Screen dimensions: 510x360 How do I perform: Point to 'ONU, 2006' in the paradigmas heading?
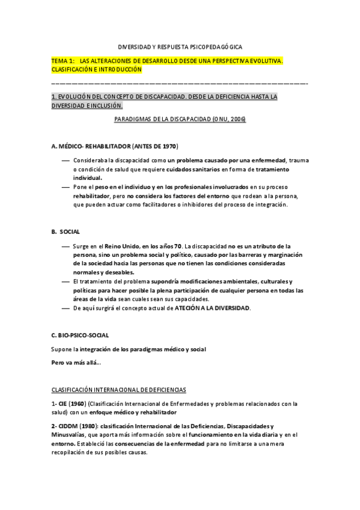[x=228, y=119]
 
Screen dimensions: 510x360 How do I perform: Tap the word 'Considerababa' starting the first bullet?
[x=94, y=161]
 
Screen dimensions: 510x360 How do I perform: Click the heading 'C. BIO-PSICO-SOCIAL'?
[x=80, y=334]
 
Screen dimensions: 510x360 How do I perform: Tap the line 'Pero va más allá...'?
[x=76, y=362]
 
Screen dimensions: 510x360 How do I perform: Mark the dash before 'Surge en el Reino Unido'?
[x=66, y=247]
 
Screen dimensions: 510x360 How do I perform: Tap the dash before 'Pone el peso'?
[x=66, y=188]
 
